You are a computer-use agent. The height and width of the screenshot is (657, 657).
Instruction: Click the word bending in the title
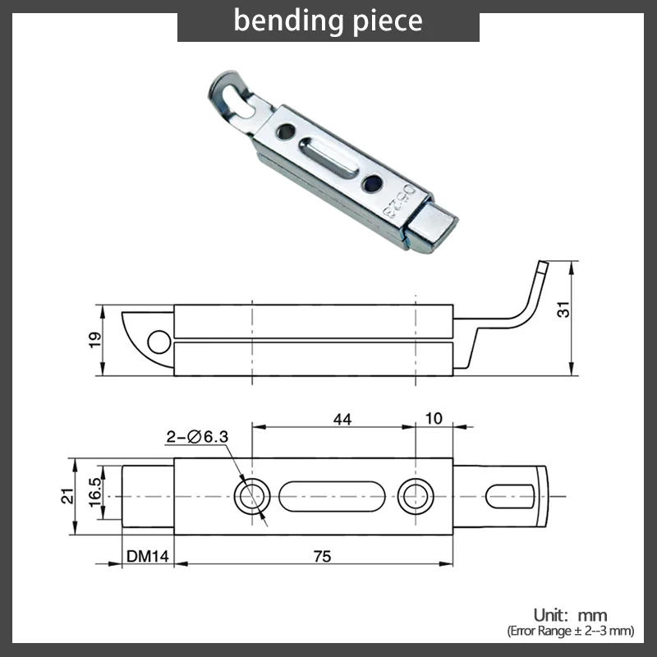point(284,20)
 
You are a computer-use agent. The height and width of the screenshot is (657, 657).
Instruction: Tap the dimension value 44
point(342,419)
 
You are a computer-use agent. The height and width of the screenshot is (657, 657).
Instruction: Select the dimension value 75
point(322,556)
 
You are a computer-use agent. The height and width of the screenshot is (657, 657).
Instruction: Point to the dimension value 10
point(434,419)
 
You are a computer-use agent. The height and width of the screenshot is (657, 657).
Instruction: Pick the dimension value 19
point(95,338)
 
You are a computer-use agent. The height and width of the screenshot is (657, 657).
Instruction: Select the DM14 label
point(148,556)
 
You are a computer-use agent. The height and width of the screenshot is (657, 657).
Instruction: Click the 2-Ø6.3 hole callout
point(197,438)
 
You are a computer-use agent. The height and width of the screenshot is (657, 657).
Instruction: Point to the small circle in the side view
point(156,341)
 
